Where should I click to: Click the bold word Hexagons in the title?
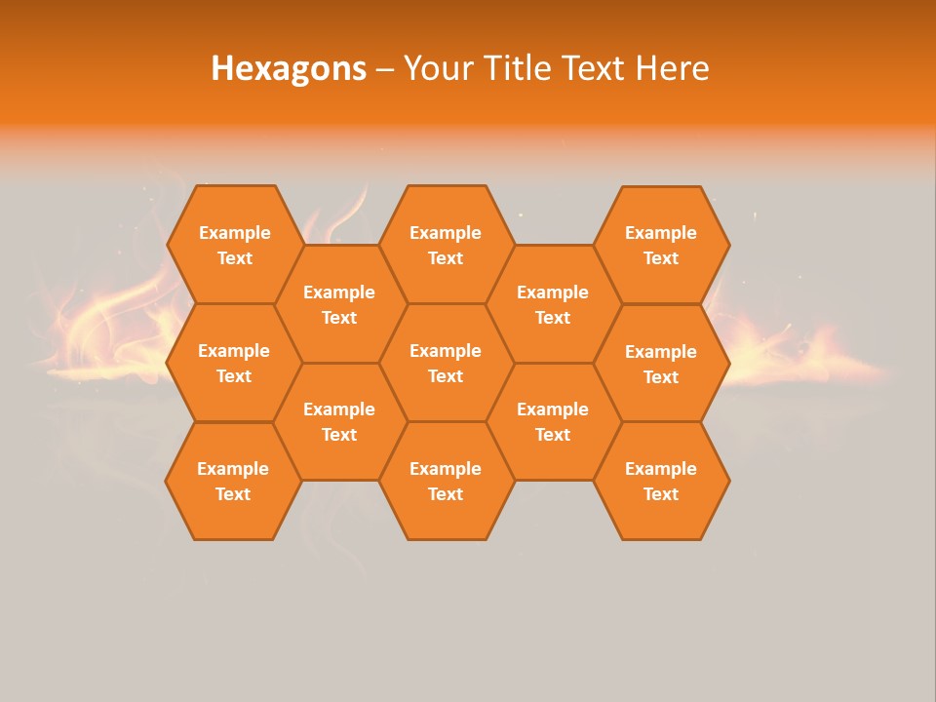tap(289, 68)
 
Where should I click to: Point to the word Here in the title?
tap(673, 68)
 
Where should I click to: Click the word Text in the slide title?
tap(593, 68)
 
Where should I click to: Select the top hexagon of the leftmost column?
tap(234, 245)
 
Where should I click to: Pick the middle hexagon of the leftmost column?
tap(234, 363)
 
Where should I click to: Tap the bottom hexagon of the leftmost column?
tap(233, 481)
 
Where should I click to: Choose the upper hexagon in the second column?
tap(339, 304)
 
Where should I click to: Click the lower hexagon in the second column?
tap(339, 421)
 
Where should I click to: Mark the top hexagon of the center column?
tap(446, 245)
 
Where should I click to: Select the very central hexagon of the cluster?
tap(446, 363)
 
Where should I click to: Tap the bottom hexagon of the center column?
tap(446, 481)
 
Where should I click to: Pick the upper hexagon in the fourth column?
tap(553, 304)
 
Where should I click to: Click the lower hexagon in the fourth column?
tap(553, 421)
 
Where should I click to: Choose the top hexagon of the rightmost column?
tap(661, 245)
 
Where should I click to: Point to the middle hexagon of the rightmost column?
tap(661, 364)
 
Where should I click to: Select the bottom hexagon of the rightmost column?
tap(661, 481)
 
